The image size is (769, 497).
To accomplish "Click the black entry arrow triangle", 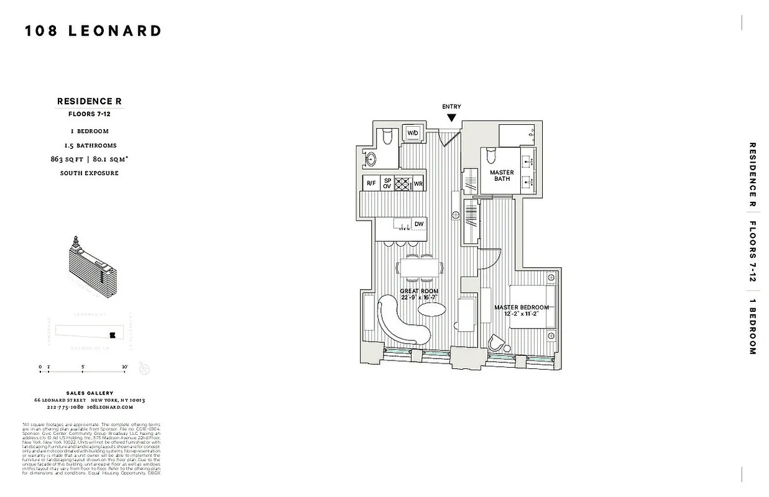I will [451, 117].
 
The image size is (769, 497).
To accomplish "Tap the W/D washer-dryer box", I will [413, 133].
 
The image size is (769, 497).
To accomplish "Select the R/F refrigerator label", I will [371, 184].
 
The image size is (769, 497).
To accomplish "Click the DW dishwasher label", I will [419, 224].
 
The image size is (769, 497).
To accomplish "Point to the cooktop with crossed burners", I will [403, 184].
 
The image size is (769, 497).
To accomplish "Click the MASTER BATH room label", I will [502, 176].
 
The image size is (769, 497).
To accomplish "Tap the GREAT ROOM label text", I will [420, 291].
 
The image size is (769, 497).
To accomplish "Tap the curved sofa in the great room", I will [401, 320].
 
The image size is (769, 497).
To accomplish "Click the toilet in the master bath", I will [490, 153].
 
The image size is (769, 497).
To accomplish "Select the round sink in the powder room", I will [373, 158].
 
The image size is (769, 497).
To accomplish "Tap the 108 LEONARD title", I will [93, 31].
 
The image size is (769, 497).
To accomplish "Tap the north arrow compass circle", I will [144, 370].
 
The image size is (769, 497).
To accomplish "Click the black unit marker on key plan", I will [113, 335].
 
